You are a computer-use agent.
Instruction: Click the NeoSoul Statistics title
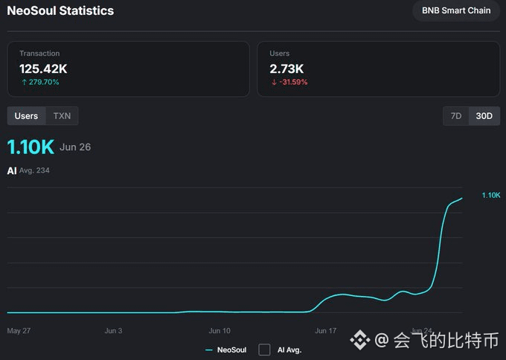coord(60,10)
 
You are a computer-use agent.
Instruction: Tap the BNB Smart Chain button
coord(456,10)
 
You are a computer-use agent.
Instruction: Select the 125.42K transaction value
coord(43,68)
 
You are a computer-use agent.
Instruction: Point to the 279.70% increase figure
coord(40,83)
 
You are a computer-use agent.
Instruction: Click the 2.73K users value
coord(286,68)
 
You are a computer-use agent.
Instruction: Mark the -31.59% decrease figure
coord(289,83)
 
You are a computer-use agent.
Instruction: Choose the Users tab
coord(26,116)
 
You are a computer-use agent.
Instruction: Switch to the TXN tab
coord(62,116)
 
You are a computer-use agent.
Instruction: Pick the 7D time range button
coord(456,116)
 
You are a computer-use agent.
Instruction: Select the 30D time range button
coord(484,116)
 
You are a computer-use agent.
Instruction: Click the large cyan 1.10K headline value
coord(31,147)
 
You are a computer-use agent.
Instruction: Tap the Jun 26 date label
coord(75,147)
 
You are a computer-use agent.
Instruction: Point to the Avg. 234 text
coord(34,170)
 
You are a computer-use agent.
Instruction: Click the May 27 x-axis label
coord(19,331)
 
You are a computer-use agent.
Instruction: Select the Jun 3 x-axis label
coord(113,331)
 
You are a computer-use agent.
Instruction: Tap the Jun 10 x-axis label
coord(220,331)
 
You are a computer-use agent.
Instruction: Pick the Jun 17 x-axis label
coord(326,331)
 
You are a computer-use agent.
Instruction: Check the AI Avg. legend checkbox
coord(264,350)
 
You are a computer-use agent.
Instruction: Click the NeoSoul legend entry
coord(226,350)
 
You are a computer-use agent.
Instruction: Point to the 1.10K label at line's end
coord(491,195)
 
